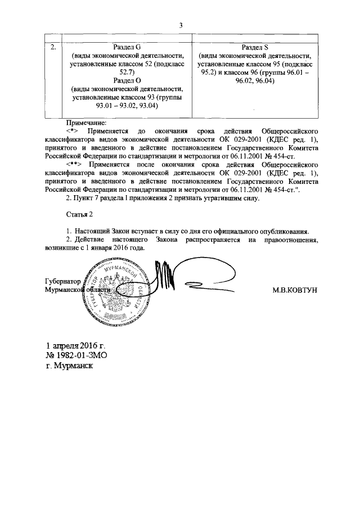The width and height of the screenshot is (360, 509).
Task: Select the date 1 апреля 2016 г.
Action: (x=76, y=345)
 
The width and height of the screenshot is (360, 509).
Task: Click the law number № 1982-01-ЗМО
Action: (x=76, y=355)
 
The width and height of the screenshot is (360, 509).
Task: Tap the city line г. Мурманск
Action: (x=70, y=366)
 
